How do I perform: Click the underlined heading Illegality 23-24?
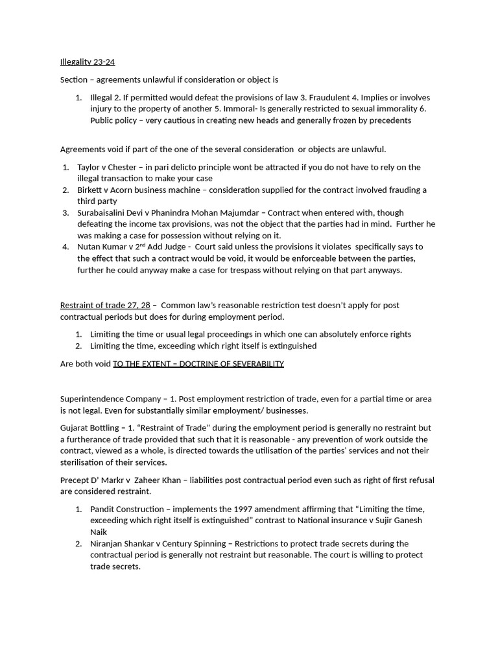pyautogui.click(x=88, y=62)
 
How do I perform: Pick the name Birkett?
pyautogui.click(x=93, y=190)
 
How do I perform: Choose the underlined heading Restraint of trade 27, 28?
pyautogui.click(x=104, y=305)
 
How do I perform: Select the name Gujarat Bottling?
pyautogui.click(x=91, y=428)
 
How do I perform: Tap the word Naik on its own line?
pyautogui.click(x=99, y=532)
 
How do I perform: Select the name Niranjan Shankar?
pyautogui.click(x=123, y=544)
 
